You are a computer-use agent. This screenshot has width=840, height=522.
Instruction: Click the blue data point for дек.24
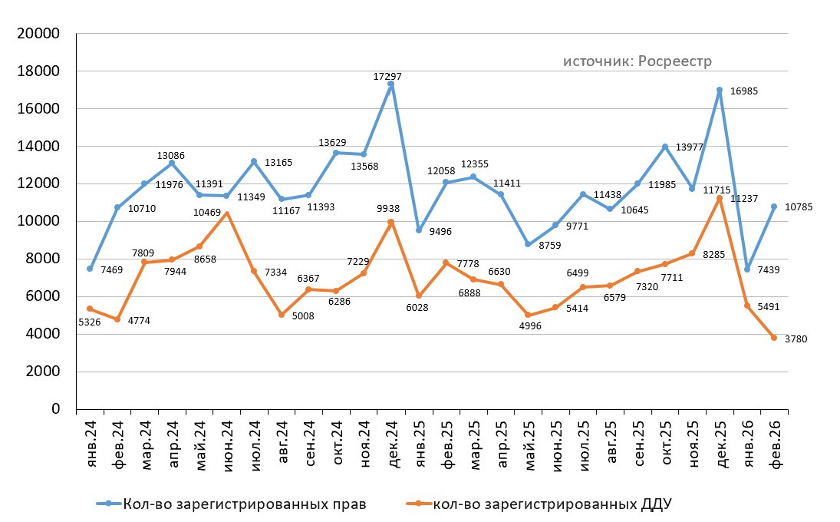click(x=391, y=85)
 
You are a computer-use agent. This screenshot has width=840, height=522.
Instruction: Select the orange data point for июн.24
click(x=226, y=213)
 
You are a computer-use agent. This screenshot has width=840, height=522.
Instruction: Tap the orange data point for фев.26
click(x=773, y=338)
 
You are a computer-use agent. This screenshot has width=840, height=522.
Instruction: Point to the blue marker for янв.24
click(x=90, y=269)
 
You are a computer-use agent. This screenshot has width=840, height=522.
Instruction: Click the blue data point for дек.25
click(x=720, y=90)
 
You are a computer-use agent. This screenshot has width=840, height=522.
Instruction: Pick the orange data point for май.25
click(x=528, y=315)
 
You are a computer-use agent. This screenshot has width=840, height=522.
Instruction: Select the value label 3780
click(x=796, y=339)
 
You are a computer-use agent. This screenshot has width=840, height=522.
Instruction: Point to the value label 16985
click(x=746, y=91)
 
